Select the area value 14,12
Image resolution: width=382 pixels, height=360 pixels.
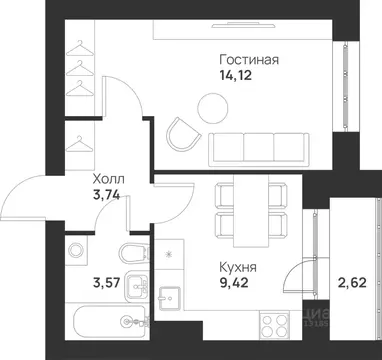click(x=232, y=74)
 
